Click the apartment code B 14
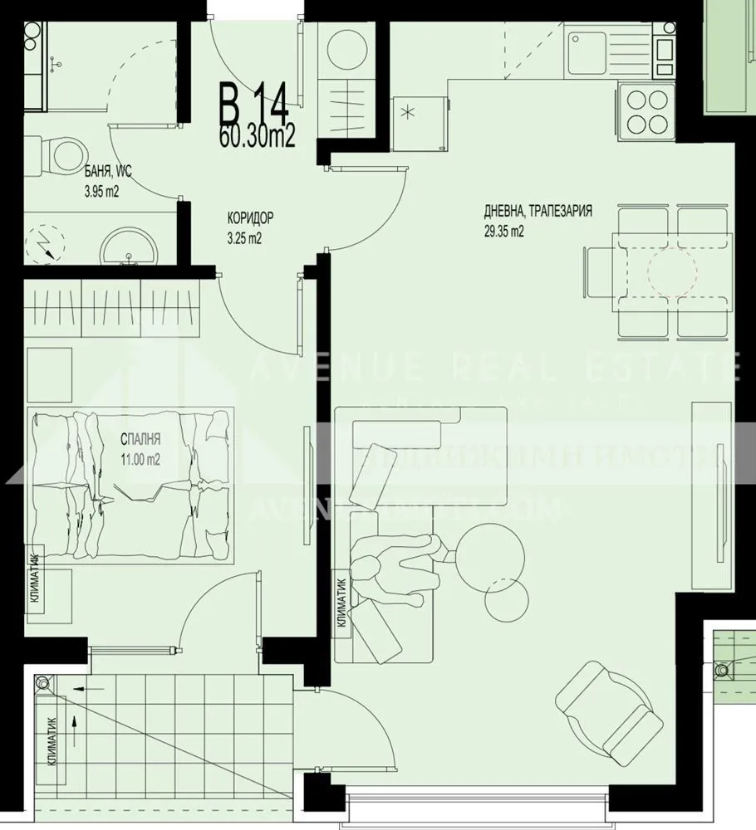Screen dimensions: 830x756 point(253,103)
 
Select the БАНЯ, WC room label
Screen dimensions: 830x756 point(108,172)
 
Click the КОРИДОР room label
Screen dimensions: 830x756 point(250,218)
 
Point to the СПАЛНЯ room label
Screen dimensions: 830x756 point(140,439)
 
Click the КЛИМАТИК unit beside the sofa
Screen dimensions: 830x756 point(343,602)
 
